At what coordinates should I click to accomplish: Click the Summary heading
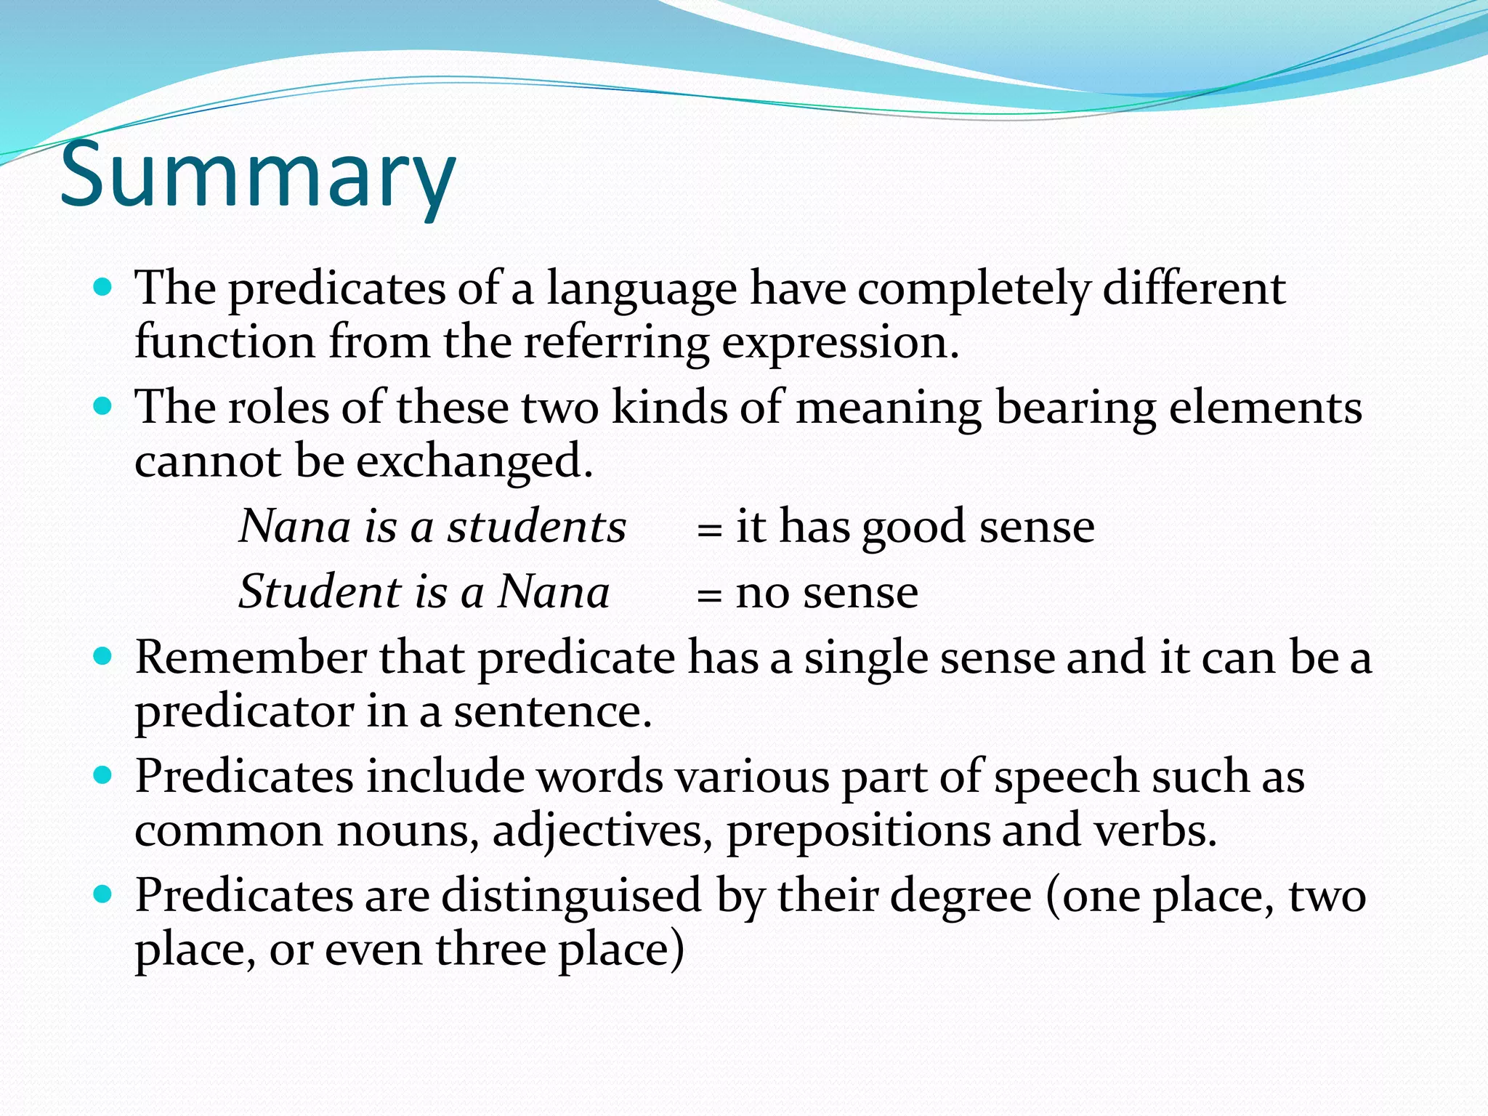257,177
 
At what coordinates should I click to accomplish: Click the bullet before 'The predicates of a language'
103,286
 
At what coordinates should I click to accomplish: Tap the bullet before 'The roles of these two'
103,405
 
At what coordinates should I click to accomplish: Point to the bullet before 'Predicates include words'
103,775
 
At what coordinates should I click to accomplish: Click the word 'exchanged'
474,463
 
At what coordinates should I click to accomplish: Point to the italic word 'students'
536,526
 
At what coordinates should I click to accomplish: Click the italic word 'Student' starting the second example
320,591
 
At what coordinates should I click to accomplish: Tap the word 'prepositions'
858,832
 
